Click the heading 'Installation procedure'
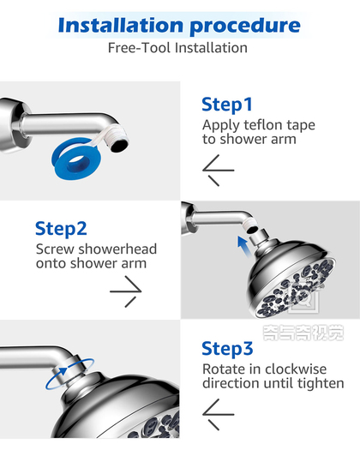tap(179, 26)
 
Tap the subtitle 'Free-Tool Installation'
tap(177, 48)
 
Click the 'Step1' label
tap(227, 105)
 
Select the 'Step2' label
tap(61, 229)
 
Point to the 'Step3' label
tap(227, 349)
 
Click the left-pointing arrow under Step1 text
tap(219, 171)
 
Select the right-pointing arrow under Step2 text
tap(126, 291)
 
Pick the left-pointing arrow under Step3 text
tap(219, 414)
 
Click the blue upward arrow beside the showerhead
tap(243, 245)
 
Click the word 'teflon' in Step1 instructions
tap(261, 125)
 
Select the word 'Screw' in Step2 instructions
tap(55, 249)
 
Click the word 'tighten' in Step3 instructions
tap(321, 384)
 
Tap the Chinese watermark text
tap(303, 333)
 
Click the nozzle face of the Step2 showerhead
tap(296, 288)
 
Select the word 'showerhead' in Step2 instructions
tap(117, 249)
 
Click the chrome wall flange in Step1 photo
tap(13, 125)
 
